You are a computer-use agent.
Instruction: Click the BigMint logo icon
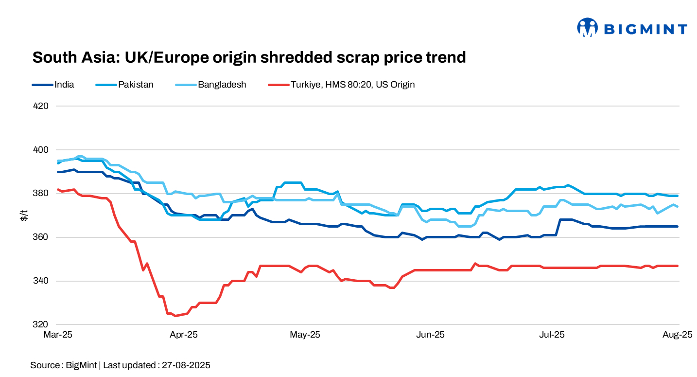(x=587, y=28)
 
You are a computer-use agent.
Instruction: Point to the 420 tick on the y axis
(x=41, y=106)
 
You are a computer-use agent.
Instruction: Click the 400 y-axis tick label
(x=41, y=150)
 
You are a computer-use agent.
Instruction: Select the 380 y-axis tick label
(x=41, y=194)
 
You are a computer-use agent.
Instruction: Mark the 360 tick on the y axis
(x=41, y=237)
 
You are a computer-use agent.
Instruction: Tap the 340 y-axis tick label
(x=41, y=281)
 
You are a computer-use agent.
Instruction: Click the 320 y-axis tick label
(x=41, y=324)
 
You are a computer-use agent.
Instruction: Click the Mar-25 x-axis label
(x=58, y=335)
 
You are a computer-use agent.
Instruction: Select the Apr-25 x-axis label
(x=183, y=335)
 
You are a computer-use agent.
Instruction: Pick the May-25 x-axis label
(x=305, y=335)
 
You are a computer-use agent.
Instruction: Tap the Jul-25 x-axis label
(x=552, y=335)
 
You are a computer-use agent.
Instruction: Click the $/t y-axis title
(x=23, y=215)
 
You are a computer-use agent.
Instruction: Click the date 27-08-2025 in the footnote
(x=185, y=365)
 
